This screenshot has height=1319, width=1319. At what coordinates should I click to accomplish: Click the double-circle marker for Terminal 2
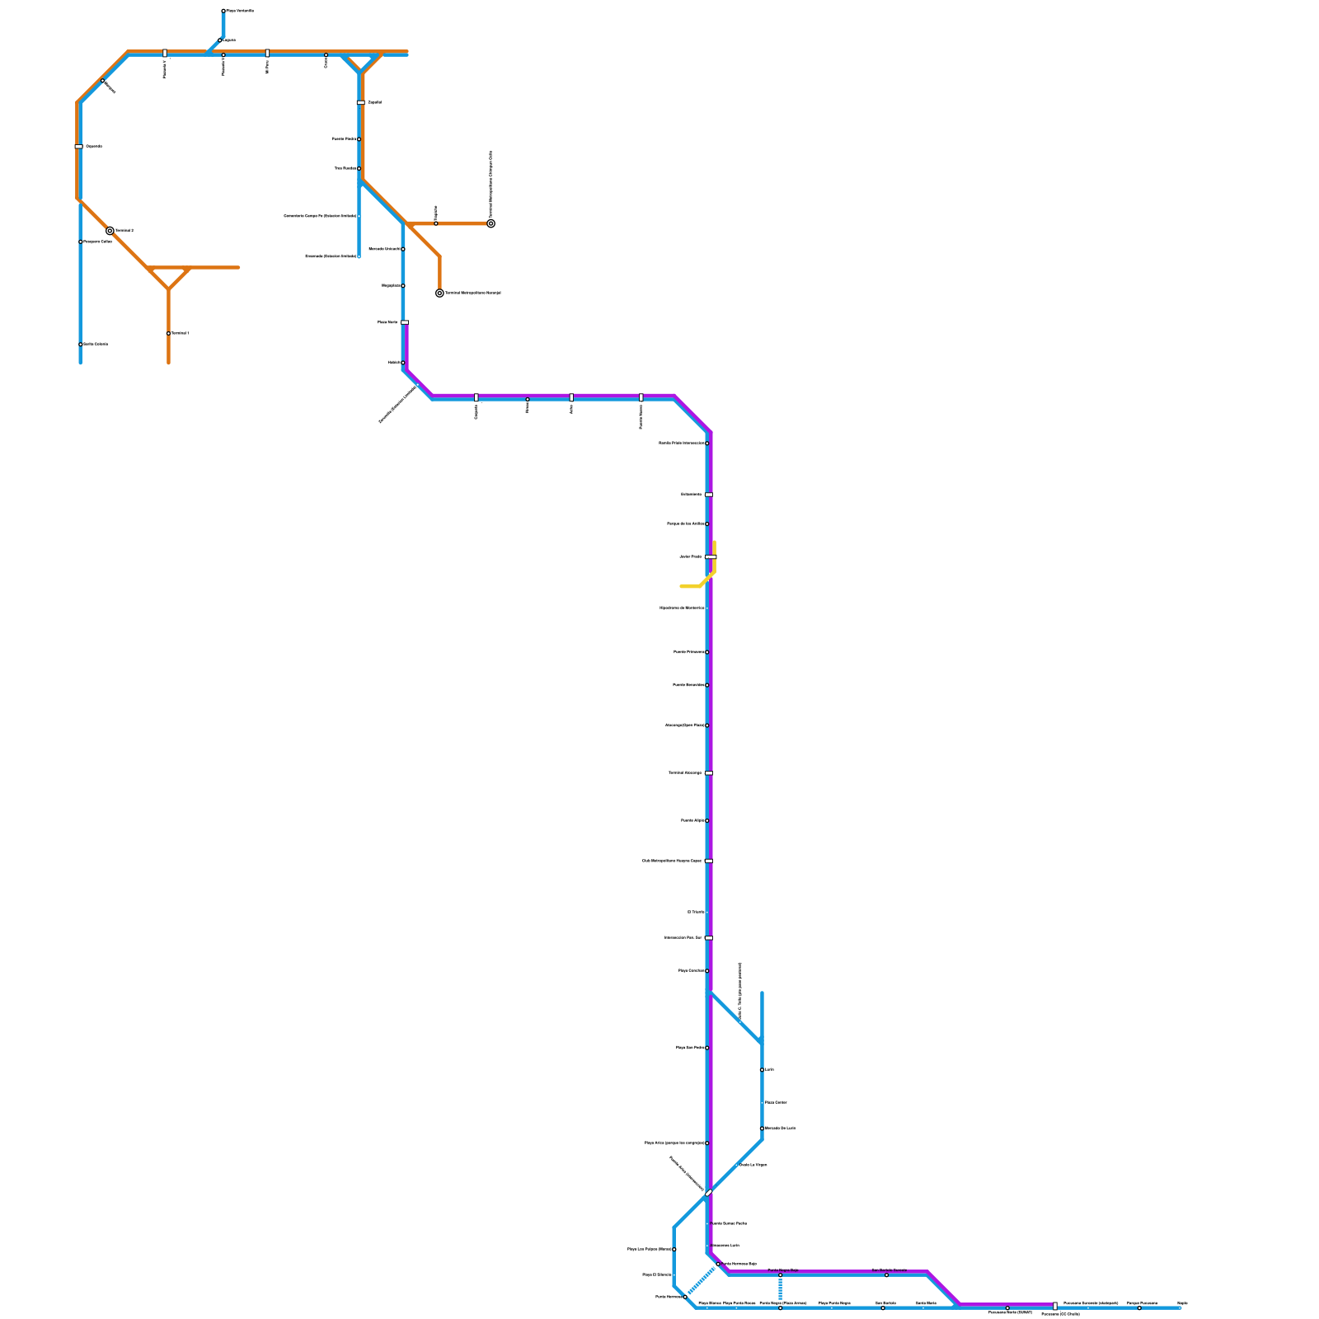coord(110,231)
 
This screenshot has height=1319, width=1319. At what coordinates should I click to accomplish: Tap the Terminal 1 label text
coord(180,333)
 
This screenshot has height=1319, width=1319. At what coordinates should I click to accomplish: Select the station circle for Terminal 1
coord(168,333)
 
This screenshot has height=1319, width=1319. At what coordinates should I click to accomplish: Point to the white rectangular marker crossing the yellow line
coord(711,556)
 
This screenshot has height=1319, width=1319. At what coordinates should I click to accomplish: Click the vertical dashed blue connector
coord(780,1288)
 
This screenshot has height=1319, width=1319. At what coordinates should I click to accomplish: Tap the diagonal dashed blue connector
coord(702,1281)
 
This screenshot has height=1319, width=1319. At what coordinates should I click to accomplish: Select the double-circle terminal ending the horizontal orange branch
coord(491,223)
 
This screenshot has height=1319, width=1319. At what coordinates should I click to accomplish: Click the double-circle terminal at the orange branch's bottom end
coord(439,293)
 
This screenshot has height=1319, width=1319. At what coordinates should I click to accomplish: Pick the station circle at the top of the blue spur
coord(223,11)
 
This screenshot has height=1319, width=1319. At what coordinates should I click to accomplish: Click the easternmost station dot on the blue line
coord(1180,1307)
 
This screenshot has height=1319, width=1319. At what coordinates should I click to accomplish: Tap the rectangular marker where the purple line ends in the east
coord(1054,1306)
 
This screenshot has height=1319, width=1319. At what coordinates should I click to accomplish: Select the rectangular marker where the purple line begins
coord(404,322)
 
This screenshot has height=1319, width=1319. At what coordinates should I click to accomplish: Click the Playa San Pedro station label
coord(690,1048)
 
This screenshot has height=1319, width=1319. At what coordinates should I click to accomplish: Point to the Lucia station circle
coord(762,1070)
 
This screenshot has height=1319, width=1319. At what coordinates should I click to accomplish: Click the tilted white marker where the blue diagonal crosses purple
coord(709,1192)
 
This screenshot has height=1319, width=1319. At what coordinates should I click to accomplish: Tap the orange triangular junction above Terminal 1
coord(169,276)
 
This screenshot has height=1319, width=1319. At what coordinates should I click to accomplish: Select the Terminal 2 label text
coord(124,231)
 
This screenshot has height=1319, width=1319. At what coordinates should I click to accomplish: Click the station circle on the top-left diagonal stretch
coord(103,80)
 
